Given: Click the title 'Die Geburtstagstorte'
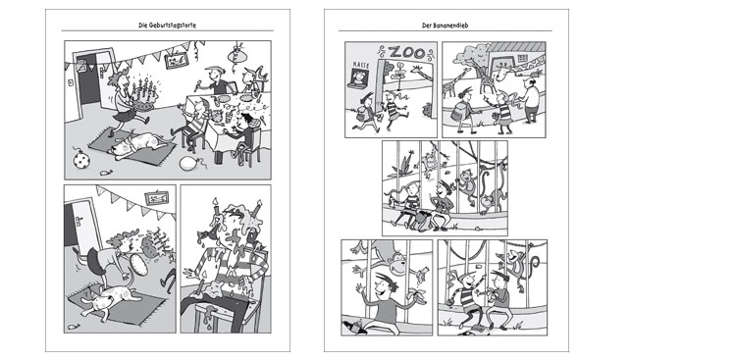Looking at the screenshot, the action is point(167,26).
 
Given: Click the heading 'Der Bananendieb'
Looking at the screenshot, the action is point(445,26).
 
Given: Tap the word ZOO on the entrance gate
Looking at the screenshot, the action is point(407,52).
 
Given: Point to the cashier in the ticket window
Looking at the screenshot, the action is point(359,77).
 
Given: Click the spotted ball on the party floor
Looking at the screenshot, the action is point(81,159).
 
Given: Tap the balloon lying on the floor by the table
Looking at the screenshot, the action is point(188,163).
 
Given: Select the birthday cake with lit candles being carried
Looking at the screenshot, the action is point(144,96).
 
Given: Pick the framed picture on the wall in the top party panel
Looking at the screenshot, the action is point(176,61).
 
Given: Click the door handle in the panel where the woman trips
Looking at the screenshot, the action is point(79,221).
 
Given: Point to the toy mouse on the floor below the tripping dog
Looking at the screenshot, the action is point(74,327).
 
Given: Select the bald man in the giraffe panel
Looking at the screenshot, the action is point(531,100).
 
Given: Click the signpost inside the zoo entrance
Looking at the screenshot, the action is point(399,74).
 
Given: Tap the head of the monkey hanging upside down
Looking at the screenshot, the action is point(398,264).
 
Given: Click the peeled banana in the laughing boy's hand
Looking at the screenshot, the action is point(417,294).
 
